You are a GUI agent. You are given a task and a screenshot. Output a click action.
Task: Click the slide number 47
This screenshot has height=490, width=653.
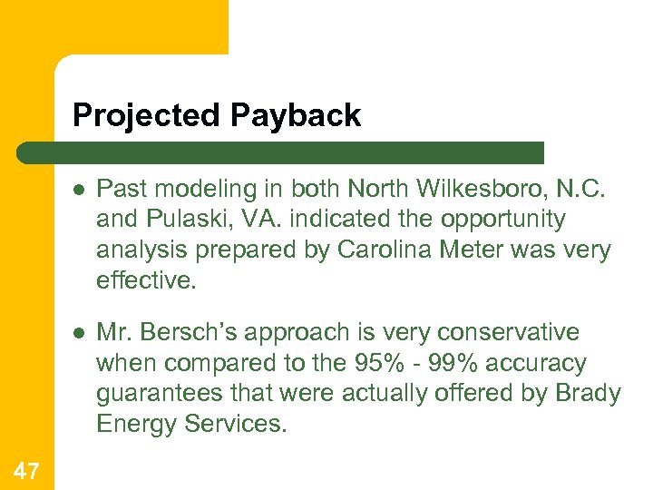[x=26, y=468]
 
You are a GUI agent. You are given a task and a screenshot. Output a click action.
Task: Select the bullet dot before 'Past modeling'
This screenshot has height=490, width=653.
[x=80, y=190]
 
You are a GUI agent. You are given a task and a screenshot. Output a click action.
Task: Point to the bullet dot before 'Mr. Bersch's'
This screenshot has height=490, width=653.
[x=80, y=334]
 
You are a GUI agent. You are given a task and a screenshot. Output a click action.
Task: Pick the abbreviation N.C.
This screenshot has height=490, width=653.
[x=582, y=189]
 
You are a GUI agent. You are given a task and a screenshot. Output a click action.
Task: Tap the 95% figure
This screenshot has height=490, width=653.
[x=370, y=363]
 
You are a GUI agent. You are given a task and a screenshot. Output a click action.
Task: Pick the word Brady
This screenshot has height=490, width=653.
[x=590, y=394]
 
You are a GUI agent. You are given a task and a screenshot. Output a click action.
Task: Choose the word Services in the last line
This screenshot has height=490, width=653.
[x=236, y=424]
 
